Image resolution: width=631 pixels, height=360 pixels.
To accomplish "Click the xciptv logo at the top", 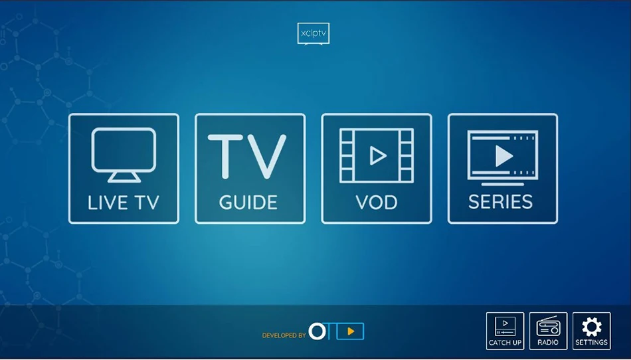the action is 313,34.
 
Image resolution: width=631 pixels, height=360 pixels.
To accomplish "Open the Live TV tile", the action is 124,169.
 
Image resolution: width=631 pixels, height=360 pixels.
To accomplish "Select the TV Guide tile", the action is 250,169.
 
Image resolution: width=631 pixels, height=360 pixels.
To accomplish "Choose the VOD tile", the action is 377,169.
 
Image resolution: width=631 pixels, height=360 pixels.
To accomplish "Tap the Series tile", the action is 503,169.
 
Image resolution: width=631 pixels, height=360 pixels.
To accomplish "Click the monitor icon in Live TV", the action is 124,153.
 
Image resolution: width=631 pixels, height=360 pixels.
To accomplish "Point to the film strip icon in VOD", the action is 377,155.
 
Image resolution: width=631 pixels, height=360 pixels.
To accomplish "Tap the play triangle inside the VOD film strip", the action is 378,155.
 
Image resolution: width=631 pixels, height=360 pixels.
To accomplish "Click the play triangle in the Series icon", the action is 504,156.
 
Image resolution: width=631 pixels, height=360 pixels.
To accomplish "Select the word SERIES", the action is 501,202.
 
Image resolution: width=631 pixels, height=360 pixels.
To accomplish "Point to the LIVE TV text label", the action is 124,202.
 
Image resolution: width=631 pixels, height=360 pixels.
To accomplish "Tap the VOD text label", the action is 377,202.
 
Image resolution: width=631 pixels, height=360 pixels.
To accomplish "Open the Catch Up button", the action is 505,331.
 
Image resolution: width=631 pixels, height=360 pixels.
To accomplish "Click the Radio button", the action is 548,331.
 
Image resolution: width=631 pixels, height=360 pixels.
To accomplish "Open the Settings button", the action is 591,331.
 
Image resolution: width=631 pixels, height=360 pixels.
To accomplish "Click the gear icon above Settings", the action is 591,326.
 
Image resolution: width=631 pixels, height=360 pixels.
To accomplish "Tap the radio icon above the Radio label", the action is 548,327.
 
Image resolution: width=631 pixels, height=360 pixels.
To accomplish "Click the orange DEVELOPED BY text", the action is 284,336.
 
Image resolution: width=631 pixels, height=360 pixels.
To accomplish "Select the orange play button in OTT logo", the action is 350,331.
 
